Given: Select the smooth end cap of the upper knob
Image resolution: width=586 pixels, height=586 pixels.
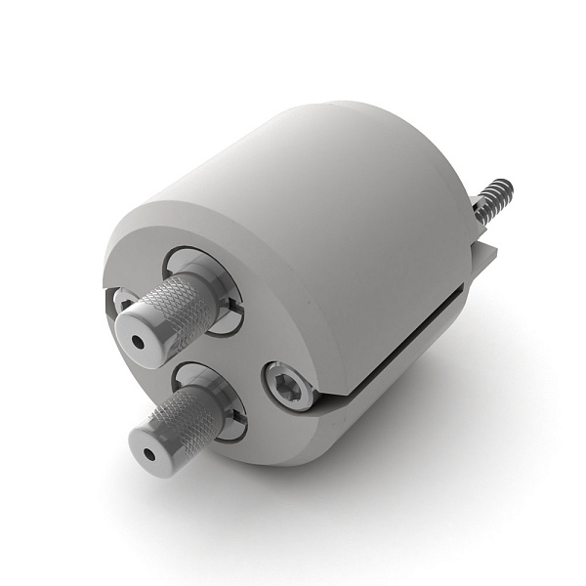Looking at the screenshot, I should (x=146, y=332).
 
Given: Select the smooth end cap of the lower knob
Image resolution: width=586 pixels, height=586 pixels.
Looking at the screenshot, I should (x=156, y=444).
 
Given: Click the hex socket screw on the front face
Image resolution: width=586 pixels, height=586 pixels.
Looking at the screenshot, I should (x=286, y=387).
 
